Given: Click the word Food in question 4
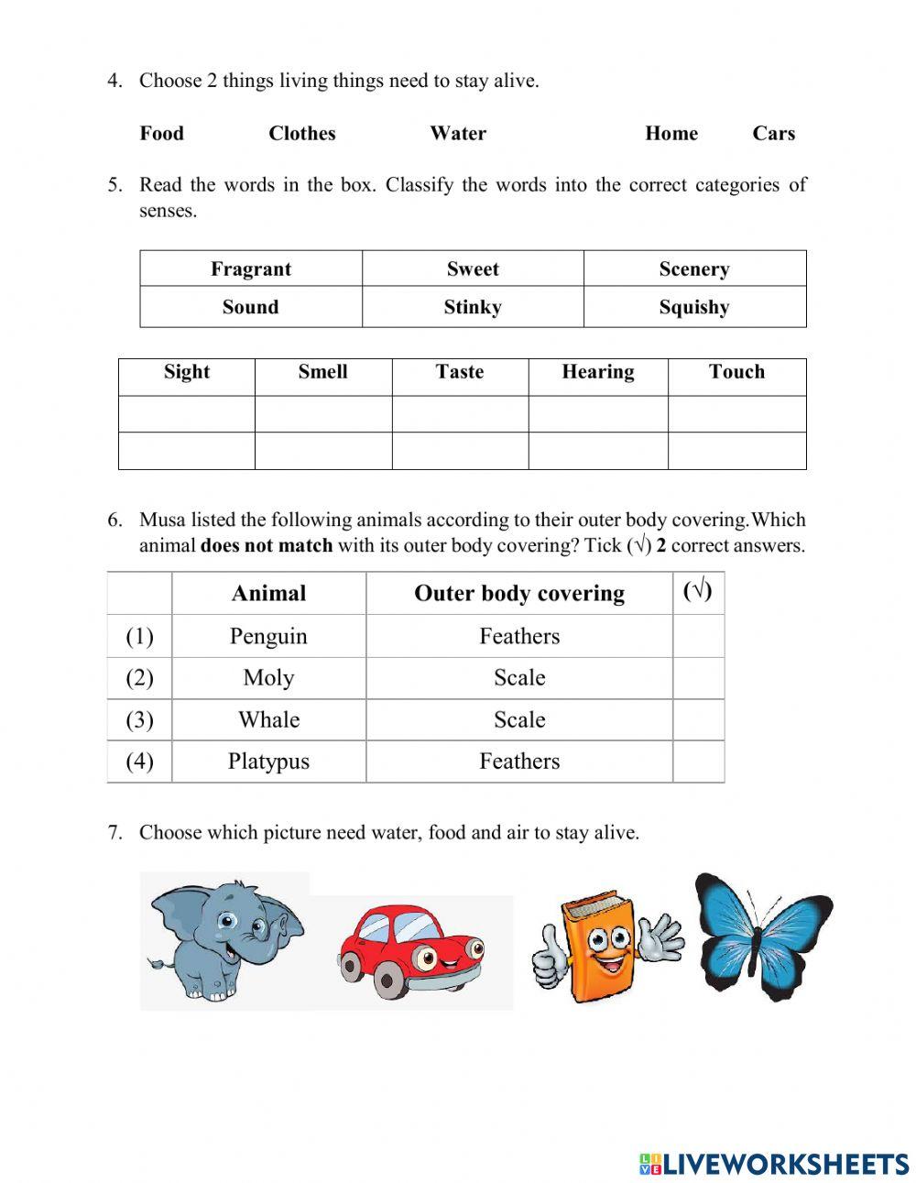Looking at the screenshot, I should coord(161,134).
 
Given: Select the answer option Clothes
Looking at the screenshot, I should coord(301,134).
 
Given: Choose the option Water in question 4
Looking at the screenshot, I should coord(458,134).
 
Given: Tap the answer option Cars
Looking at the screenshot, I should coord(773,134).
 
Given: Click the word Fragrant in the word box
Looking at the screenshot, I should coord(250,269).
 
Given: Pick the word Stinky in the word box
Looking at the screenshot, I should coord(472,307).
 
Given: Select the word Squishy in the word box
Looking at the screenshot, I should coord(693,307).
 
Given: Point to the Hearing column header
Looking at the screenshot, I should coord(597,372).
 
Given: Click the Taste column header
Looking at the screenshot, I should coord(459,372).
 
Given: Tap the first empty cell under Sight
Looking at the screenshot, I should coord(186,414).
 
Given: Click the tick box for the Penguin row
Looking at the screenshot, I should coord(698,636).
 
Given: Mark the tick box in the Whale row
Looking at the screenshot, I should coord(698,720).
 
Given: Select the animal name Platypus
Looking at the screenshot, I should coord(268,761).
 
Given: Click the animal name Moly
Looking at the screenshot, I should coord(268,678).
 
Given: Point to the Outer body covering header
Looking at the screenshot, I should coord(518,594).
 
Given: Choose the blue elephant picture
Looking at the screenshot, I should coord(224,938).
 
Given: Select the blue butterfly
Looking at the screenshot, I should coord(762,935).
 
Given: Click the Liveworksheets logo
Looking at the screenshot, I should coord(774,1163).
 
